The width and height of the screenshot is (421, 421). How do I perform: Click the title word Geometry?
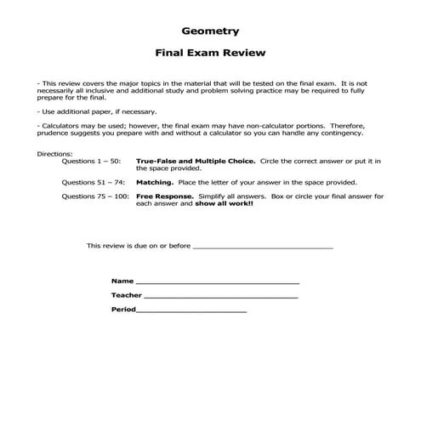[x=210, y=26]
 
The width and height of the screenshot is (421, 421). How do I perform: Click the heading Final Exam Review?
[x=210, y=53]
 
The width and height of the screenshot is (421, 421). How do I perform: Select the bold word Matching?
[x=156, y=182]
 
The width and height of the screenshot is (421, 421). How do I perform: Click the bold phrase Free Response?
[x=163, y=196]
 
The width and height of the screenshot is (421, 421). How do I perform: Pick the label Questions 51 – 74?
[x=94, y=182]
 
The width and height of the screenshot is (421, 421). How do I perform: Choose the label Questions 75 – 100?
[x=95, y=196]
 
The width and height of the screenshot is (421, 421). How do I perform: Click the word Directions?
[x=55, y=153]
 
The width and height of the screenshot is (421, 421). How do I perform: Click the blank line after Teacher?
[x=221, y=296]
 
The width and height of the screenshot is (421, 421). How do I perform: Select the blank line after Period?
[x=191, y=310]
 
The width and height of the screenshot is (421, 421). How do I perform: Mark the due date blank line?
[x=263, y=247]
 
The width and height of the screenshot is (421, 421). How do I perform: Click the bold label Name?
[x=122, y=280]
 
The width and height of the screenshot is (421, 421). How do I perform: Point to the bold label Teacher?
[x=126, y=294]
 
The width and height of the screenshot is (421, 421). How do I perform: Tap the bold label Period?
[x=123, y=309]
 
